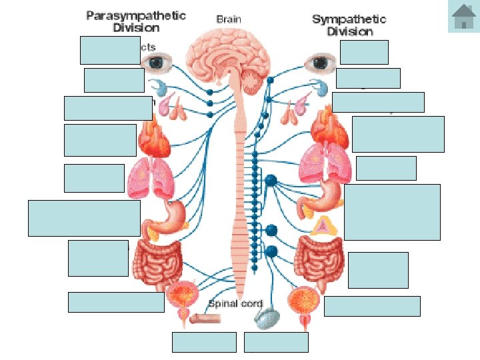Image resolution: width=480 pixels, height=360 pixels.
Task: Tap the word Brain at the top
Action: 230,19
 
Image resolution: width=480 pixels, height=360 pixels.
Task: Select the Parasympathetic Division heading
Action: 135,21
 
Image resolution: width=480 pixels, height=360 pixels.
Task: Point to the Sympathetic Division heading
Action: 350,25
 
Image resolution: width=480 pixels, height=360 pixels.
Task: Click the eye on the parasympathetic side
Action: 159,63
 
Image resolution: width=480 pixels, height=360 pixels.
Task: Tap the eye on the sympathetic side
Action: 321,63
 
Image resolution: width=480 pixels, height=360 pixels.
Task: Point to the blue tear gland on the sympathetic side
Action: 319,87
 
